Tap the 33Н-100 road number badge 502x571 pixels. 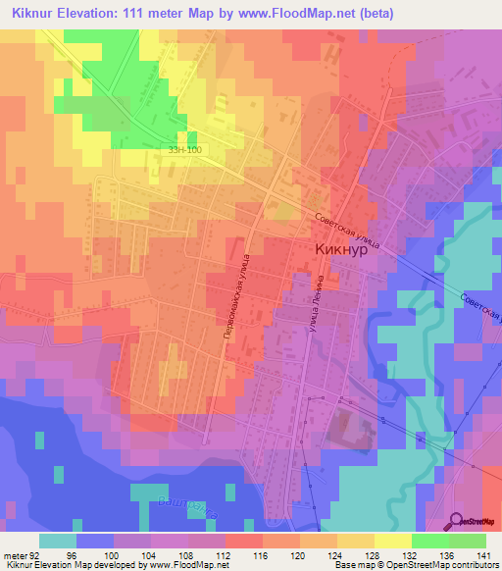point(184,150)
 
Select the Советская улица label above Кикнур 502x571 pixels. point(346,230)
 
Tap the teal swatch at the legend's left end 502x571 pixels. point(58,541)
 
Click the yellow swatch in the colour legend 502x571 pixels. point(393,541)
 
